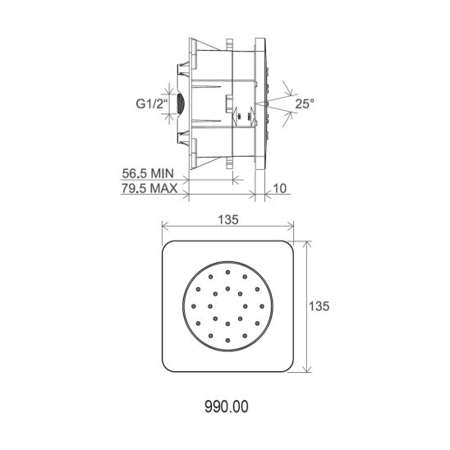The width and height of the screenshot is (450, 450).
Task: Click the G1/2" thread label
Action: click(152, 103)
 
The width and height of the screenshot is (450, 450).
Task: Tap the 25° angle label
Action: click(305, 103)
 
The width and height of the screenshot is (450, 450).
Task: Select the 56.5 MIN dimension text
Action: click(148, 173)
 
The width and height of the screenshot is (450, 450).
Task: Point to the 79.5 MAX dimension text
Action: click(149, 188)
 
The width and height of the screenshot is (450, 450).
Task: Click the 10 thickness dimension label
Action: click(279, 188)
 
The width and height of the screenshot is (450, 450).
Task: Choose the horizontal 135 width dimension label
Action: click(228, 220)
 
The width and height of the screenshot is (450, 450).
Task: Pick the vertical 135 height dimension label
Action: click(319, 306)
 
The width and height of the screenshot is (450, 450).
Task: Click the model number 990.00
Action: click(227, 406)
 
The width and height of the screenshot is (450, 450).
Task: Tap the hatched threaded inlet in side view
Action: click(181, 104)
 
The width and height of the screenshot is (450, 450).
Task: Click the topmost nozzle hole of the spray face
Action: click(227, 272)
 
